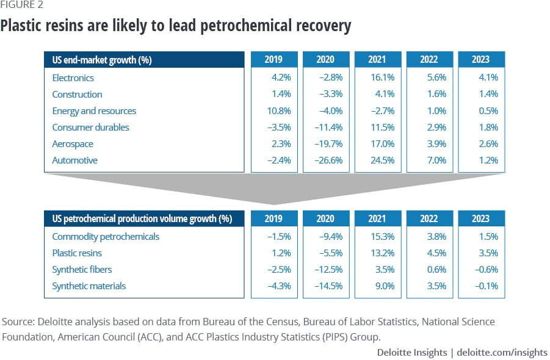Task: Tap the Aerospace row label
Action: point(73,144)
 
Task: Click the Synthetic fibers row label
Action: point(82,270)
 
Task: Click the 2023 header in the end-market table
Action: point(481,59)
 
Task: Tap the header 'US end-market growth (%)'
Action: point(103,60)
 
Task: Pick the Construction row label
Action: point(77,95)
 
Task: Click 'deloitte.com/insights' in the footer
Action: point(505,353)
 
